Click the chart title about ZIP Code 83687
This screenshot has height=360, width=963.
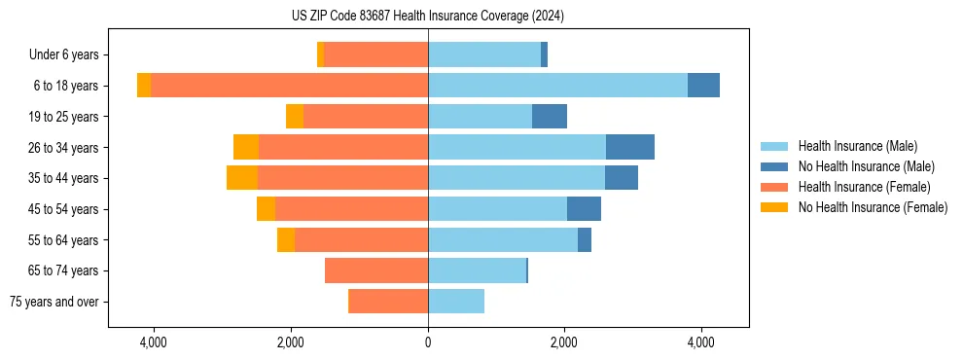click(x=428, y=17)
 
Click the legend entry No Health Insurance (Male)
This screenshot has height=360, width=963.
click(x=866, y=166)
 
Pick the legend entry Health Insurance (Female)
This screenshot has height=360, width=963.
click(x=864, y=187)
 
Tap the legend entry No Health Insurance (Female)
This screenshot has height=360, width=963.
click(x=873, y=207)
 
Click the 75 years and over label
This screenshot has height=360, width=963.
click(x=54, y=302)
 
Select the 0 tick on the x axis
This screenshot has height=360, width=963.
click(x=428, y=342)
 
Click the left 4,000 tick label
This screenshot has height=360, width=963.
click(x=154, y=342)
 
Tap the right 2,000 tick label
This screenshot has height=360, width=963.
click(x=564, y=342)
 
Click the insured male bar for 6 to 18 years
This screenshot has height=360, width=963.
click(x=557, y=86)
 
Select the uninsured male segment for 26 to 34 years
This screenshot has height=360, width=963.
click(x=629, y=147)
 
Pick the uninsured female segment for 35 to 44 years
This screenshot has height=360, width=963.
click(x=242, y=178)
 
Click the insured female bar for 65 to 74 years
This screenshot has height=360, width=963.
click(x=376, y=270)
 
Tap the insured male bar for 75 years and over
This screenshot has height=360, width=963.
click(x=456, y=302)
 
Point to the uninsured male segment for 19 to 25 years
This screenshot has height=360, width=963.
click(x=549, y=117)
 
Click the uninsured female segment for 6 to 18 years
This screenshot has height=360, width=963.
click(x=144, y=86)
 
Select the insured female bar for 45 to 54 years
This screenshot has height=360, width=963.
click(x=351, y=209)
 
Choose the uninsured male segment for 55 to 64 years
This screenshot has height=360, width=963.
click(x=584, y=240)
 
